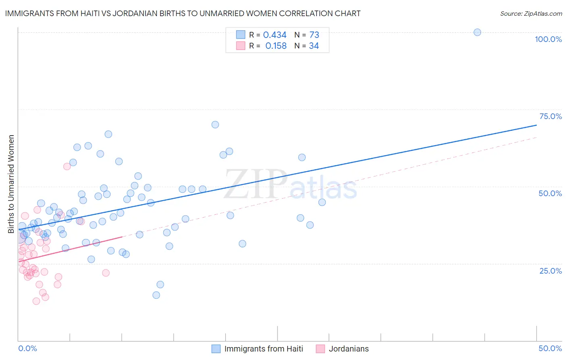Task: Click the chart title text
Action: point(183,13)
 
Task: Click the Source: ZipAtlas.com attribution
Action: point(531,13)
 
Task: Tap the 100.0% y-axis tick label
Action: point(548,39)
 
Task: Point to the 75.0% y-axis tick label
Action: point(550,116)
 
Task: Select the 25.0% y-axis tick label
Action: point(550,270)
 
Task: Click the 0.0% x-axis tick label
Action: point(27,348)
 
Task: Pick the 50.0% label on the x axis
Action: point(550,348)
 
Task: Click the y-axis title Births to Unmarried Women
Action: point(11,184)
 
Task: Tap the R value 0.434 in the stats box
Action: point(275,35)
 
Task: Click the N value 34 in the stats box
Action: point(314,46)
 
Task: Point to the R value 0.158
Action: point(276,46)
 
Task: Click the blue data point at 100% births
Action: point(477,32)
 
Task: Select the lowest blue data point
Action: point(156,295)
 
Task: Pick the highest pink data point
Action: point(67,166)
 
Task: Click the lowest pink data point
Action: point(36,301)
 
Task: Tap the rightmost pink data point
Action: point(106,273)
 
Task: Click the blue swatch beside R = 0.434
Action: point(240,35)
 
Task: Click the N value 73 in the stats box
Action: point(314,35)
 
